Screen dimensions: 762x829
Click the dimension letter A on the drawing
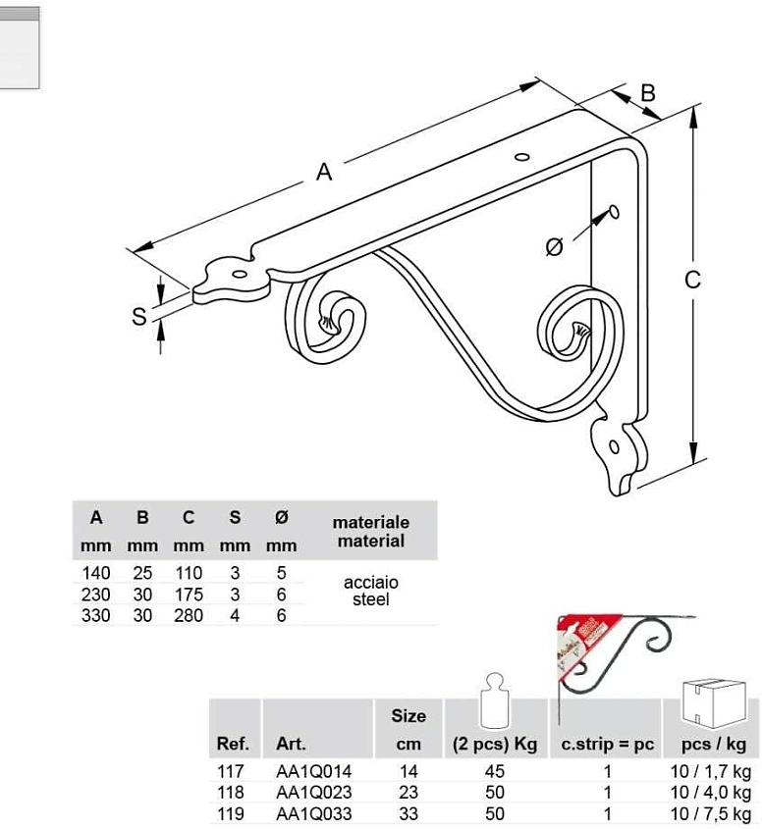324,172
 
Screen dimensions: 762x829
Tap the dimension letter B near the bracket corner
648,92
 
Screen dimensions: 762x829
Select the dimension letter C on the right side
692,280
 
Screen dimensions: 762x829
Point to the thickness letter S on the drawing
139,316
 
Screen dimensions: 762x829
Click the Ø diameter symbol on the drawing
554,247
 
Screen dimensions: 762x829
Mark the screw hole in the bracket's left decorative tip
240,275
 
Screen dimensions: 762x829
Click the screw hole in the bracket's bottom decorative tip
614,446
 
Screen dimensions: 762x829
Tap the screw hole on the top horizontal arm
522,157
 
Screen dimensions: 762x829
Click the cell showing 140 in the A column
96,573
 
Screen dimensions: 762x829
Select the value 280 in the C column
189,615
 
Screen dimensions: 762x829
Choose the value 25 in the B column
142,573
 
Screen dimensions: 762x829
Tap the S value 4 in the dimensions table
235,615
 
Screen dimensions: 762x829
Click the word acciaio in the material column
371,582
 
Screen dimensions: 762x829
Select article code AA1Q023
314,793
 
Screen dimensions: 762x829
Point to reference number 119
231,813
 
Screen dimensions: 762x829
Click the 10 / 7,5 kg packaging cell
711,813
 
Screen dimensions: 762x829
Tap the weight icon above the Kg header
494,700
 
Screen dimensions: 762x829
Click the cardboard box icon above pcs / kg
714,703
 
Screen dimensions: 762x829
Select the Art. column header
291,744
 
